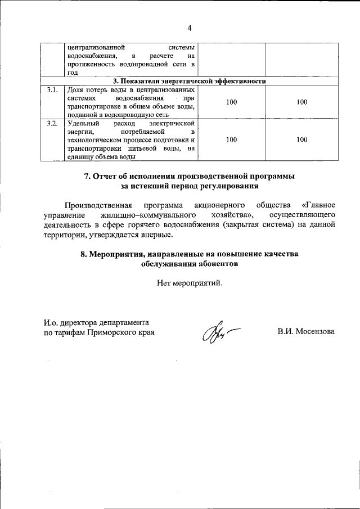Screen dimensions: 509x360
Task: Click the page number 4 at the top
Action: point(190,28)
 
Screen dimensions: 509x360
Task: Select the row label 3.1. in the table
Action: point(52,90)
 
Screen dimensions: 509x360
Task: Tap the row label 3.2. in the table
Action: point(52,123)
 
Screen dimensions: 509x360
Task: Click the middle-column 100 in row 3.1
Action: point(231,102)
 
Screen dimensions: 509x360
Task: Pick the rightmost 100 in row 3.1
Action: point(301,102)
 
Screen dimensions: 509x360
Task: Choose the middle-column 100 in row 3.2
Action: point(231,139)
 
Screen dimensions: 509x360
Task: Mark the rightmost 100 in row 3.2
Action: point(301,139)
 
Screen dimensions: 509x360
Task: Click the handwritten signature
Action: point(217,336)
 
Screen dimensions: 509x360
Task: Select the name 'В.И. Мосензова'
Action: point(305,332)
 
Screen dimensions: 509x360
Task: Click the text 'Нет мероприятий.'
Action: point(190,283)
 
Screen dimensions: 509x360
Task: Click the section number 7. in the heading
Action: point(88,176)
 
